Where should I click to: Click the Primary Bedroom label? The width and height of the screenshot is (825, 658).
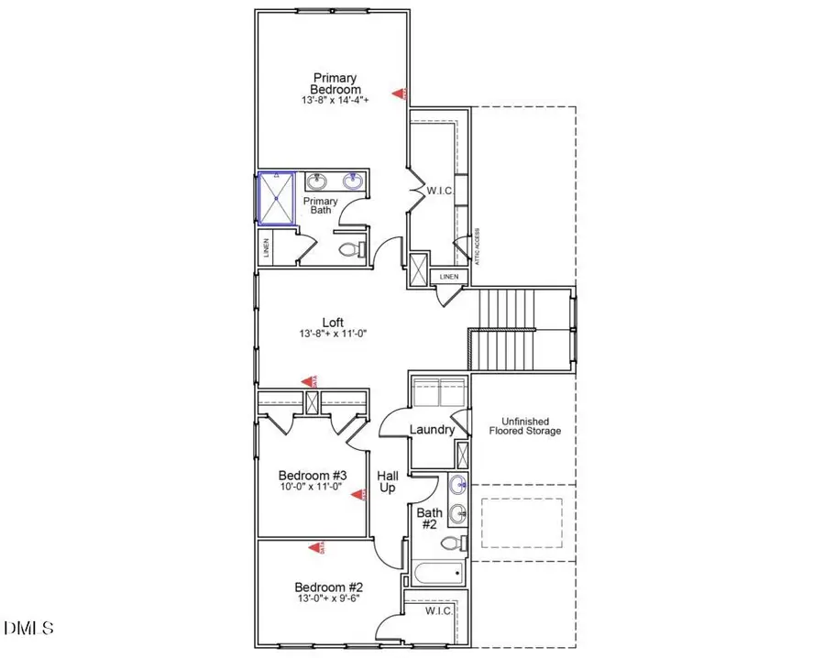[335, 83]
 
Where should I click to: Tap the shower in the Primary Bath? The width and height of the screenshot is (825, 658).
[276, 197]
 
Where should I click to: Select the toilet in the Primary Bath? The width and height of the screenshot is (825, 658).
[349, 249]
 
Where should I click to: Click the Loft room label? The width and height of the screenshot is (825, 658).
[334, 322]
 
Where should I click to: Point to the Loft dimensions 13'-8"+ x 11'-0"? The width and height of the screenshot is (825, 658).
[334, 335]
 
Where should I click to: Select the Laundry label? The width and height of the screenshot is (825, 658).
[432, 429]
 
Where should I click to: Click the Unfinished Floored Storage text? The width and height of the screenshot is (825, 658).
[524, 424]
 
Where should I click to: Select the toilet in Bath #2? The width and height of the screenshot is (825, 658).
[453, 543]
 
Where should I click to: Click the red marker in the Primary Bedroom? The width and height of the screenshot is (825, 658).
[399, 93]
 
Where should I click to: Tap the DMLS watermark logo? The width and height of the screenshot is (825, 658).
[28, 628]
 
